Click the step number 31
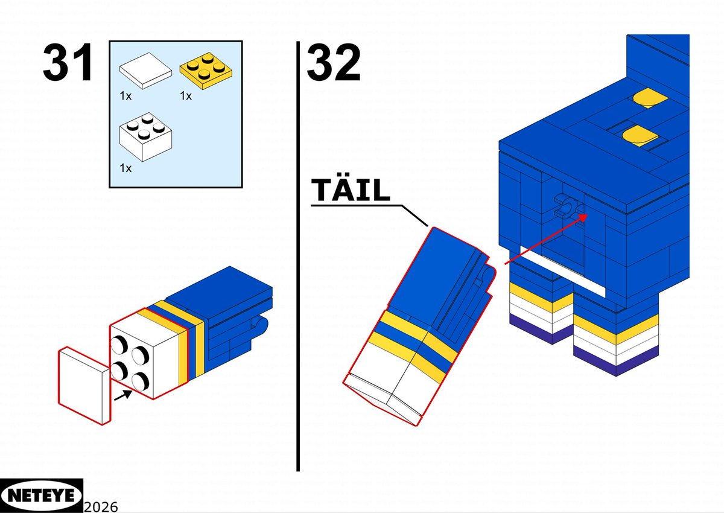pos(68,63)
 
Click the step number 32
pos(333,63)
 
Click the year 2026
pos(101,507)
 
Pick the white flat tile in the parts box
pos(145,71)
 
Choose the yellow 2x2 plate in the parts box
pos(206,71)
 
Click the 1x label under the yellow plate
pos(186,96)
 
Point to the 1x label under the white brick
pos(125,168)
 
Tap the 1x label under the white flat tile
pos(125,96)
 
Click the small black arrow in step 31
pos(123,395)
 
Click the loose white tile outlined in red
pos(84,386)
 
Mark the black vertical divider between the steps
pos(298,256)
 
